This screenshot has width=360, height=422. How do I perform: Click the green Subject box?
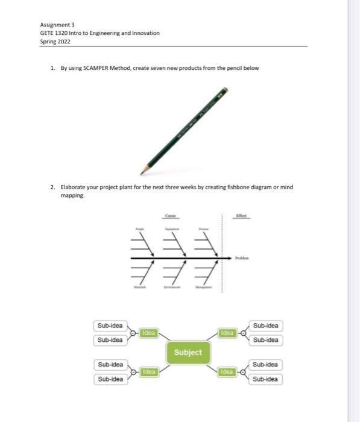pyautogui.click(x=188, y=352)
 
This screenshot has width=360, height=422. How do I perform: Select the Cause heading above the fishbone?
pyautogui.click(x=171, y=215)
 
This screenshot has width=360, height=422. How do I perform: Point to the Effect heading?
pyautogui.click(x=241, y=215)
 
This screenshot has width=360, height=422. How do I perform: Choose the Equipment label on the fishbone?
pyautogui.click(x=171, y=230)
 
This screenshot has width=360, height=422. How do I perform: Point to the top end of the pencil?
pyautogui.click(x=225, y=90)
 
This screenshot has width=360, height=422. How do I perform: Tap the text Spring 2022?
pyautogui.click(x=55, y=41)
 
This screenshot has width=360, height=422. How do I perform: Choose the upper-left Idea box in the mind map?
pyautogui.click(x=148, y=333)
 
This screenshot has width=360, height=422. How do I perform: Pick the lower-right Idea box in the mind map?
pyautogui.click(x=227, y=372)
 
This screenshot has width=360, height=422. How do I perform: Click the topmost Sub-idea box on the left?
pyautogui.click(x=110, y=326)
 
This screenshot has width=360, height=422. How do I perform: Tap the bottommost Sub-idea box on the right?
pyautogui.click(x=265, y=379)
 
